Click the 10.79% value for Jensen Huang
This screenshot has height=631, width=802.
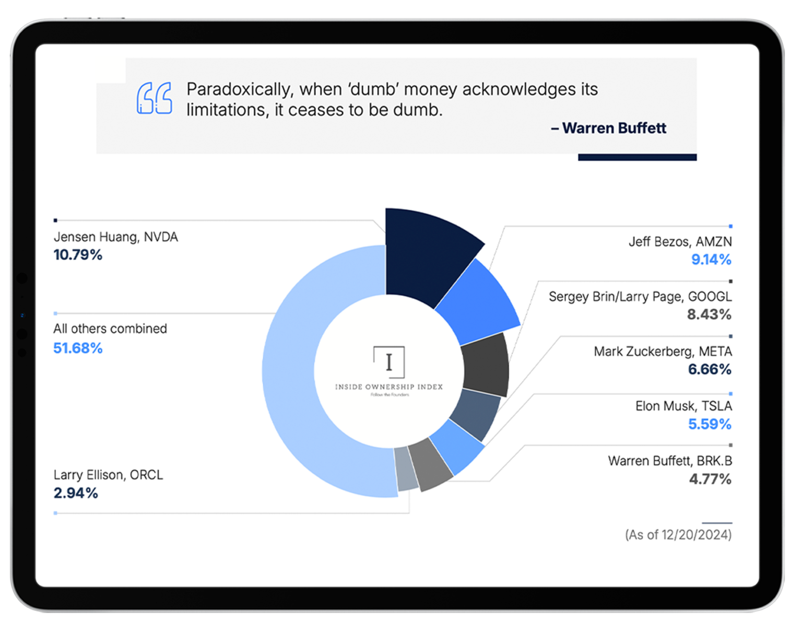pos(78,255)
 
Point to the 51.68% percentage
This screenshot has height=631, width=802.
pos(78,348)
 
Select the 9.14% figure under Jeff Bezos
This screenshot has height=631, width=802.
pos(711,260)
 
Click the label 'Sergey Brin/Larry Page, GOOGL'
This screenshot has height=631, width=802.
pos(640,297)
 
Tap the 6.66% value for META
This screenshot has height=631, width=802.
pos(710,369)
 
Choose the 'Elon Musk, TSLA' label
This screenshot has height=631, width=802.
pos(683,406)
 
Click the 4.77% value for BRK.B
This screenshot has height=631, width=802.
pos(710,479)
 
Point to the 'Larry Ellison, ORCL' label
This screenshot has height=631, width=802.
pos(108,475)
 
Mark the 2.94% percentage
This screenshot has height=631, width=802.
pos(76,493)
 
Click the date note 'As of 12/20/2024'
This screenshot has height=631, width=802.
pos(678,535)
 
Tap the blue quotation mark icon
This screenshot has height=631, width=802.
pos(154,98)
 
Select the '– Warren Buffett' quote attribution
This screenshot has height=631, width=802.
pos(608,128)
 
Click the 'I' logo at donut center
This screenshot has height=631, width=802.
pos(389,362)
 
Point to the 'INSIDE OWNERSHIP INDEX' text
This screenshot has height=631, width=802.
pos(389,387)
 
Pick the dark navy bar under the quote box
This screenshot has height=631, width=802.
pos(637,157)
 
